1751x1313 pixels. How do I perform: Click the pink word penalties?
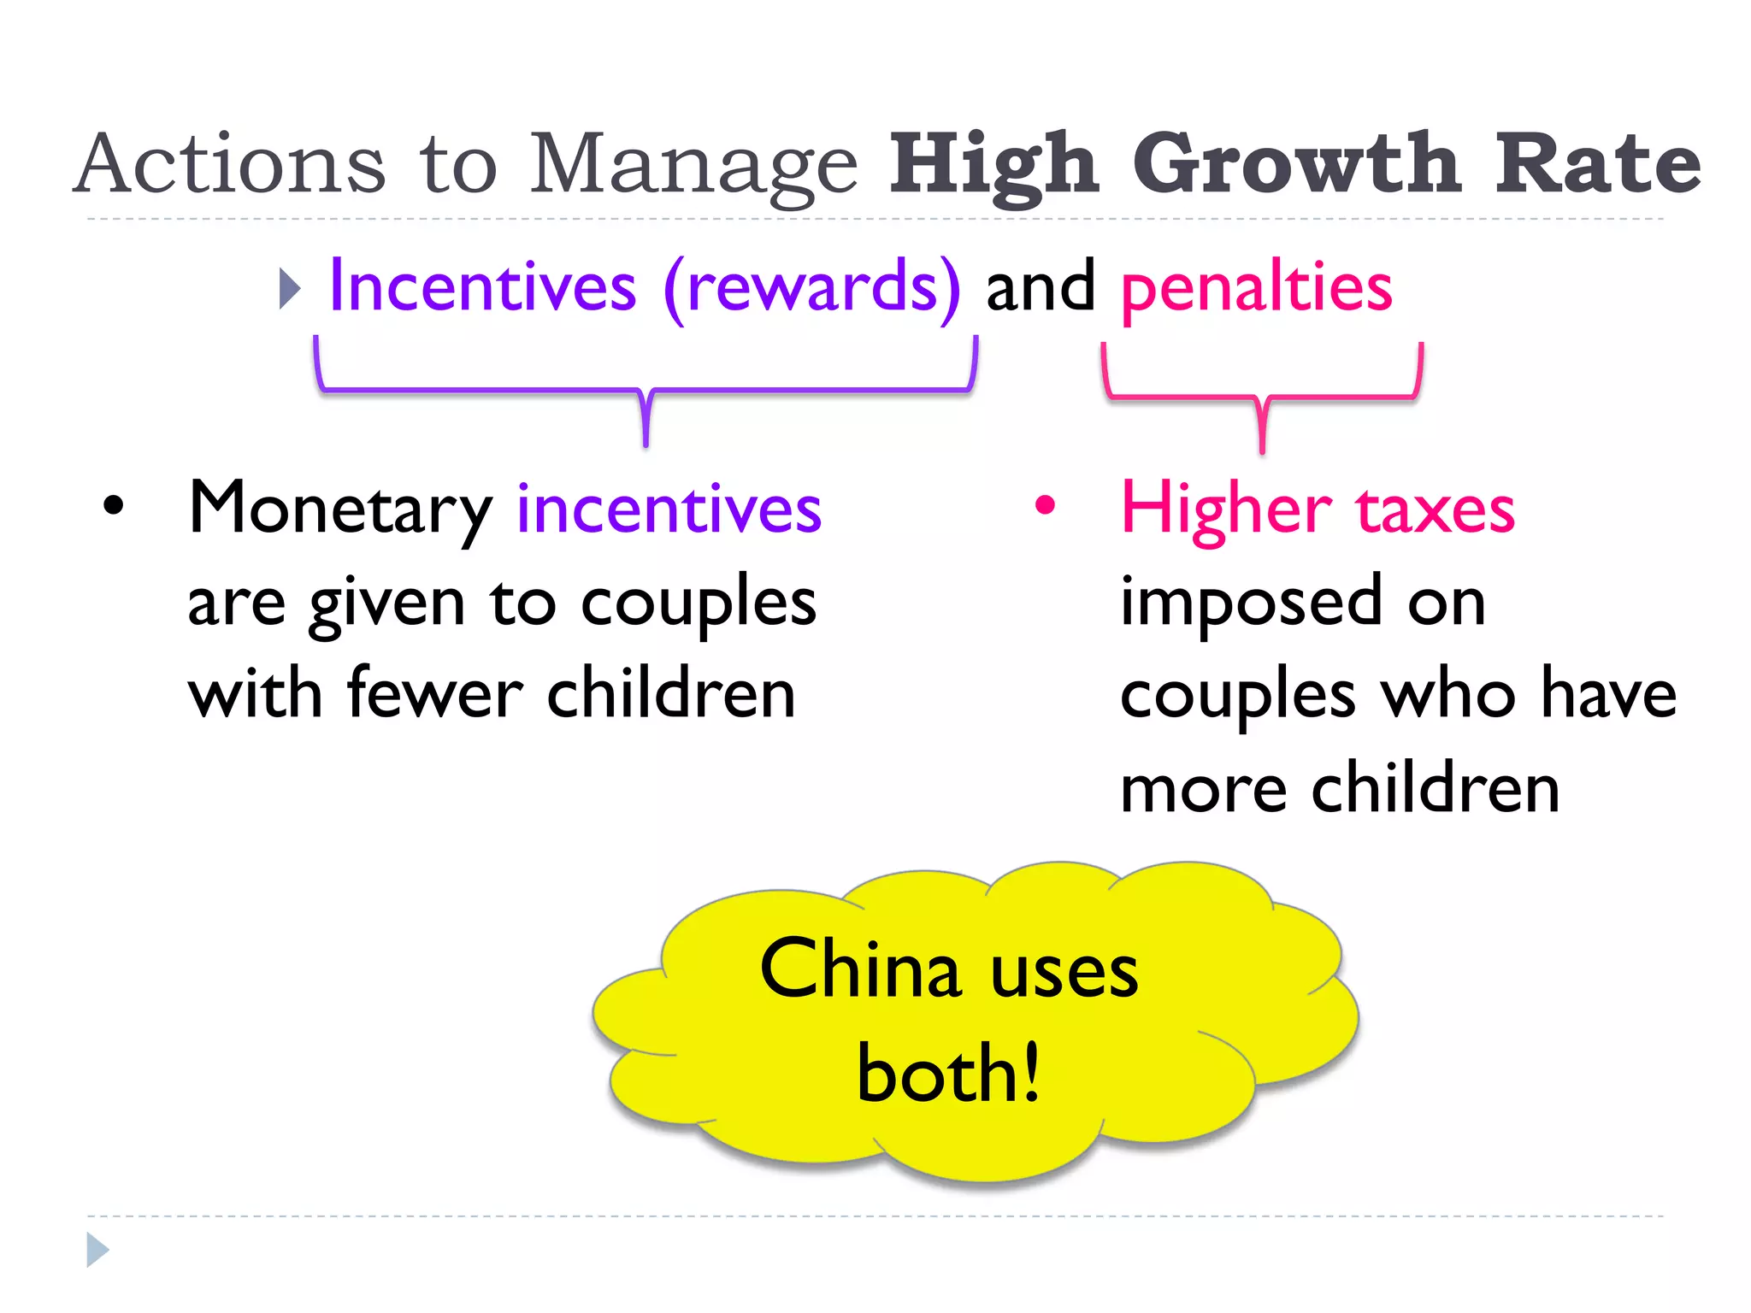pyautogui.click(x=1257, y=288)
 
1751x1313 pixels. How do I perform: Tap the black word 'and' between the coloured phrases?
pyautogui.click(x=1040, y=288)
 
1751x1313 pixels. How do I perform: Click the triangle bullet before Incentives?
pyautogui.click(x=290, y=288)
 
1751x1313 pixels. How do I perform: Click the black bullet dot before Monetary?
pyautogui.click(x=113, y=506)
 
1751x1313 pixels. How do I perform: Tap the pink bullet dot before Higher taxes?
pyautogui.click(x=1045, y=505)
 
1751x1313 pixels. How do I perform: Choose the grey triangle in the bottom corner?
pyautogui.click(x=97, y=1250)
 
